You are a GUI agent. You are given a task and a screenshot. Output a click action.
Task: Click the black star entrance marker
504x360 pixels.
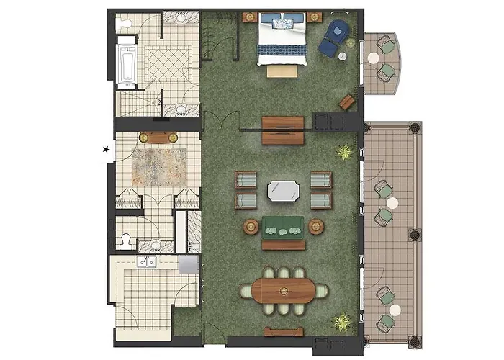tap(107, 150)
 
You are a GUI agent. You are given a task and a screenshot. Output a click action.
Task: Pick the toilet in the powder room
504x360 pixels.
tap(127, 240)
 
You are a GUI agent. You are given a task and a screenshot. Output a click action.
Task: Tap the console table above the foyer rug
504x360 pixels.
tap(158, 138)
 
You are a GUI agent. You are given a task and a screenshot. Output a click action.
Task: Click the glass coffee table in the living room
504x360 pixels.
tap(283, 192)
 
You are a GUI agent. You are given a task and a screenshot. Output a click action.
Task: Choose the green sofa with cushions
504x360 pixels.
tap(283, 227)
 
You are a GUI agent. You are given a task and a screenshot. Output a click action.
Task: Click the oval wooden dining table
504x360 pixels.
tap(283, 292)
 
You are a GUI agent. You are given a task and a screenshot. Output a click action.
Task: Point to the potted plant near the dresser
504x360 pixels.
tap(345, 152)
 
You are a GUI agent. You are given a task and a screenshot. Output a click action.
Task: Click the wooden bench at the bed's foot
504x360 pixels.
tap(282, 70)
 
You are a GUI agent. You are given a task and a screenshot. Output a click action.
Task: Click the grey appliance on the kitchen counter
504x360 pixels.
tap(188, 264)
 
